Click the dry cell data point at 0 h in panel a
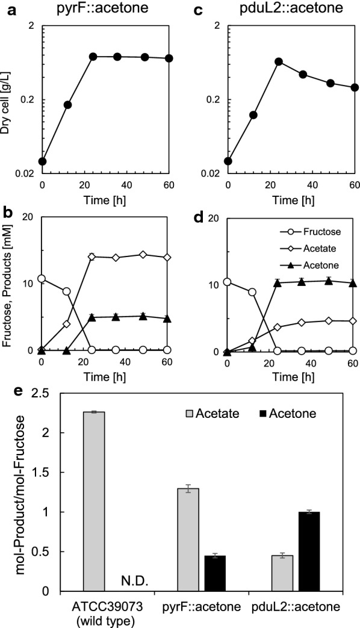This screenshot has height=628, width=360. click(42, 161)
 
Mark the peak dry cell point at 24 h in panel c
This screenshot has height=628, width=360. click(279, 61)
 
